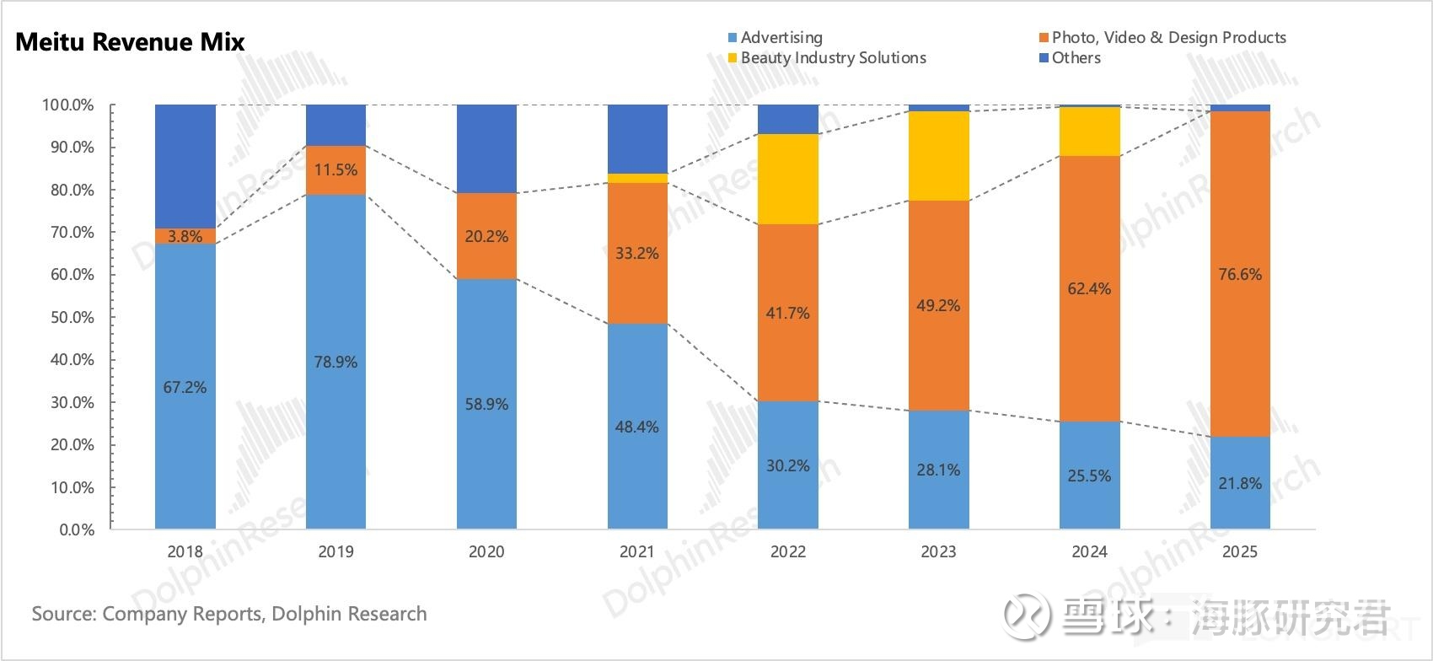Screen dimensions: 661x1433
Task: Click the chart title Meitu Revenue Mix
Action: coord(130,42)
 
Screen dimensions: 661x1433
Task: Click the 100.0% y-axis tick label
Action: coord(67,105)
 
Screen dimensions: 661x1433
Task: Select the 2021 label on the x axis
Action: coord(636,552)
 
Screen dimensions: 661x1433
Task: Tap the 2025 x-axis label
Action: coord(1239,552)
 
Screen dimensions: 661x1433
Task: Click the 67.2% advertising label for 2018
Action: coord(185,388)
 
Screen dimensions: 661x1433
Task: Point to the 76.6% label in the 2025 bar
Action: coord(1240,275)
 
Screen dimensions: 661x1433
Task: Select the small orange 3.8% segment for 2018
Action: coord(185,237)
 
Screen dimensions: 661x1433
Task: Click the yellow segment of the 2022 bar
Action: coord(788,179)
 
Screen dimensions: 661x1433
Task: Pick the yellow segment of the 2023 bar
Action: coord(938,156)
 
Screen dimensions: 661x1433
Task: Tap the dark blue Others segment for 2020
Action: coord(486,148)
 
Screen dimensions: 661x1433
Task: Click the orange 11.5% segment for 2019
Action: coord(335,170)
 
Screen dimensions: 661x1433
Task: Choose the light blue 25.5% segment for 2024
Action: coord(1089,476)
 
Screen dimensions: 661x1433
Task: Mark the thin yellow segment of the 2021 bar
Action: coord(637,178)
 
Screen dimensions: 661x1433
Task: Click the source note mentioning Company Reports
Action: coord(229,614)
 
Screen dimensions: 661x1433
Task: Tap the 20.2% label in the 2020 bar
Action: coord(486,237)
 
